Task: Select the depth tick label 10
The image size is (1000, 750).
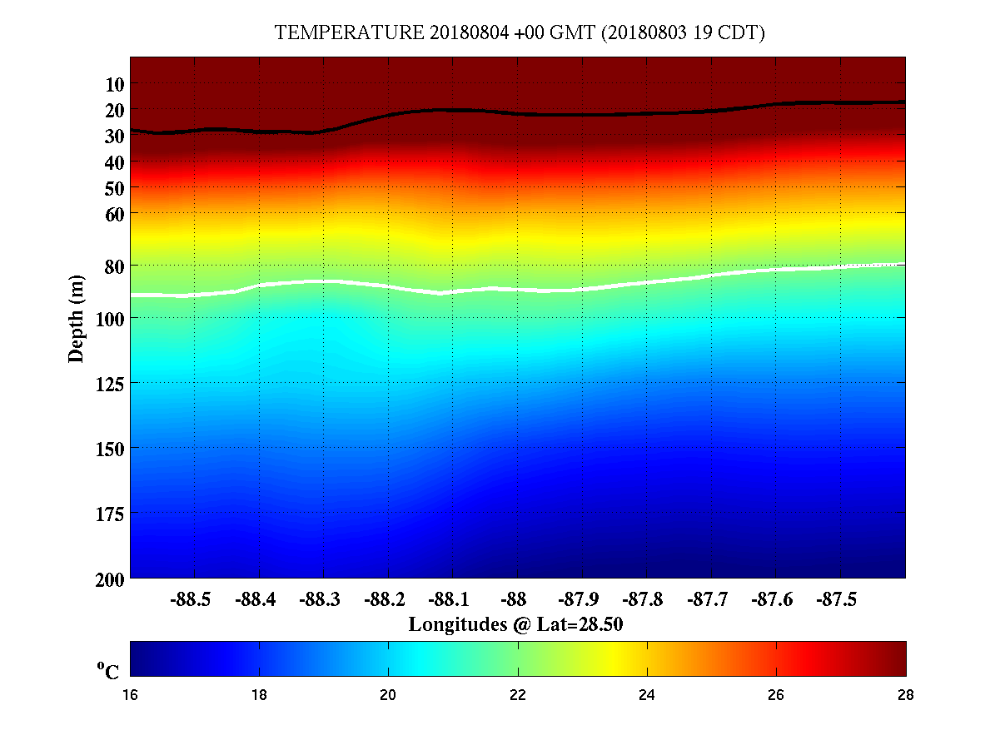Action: pos(115,84)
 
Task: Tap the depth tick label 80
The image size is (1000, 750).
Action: pos(115,266)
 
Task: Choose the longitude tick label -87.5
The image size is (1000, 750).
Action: pos(838,599)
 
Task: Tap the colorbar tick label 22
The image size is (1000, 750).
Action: pos(518,695)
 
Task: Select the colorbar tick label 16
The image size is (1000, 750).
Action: pos(131,695)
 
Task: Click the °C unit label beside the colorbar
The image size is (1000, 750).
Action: pos(108,671)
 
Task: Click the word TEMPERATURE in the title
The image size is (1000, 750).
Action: pos(350,33)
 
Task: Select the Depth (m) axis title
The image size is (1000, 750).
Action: pos(76,318)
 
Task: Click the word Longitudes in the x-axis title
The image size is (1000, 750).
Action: pos(457,624)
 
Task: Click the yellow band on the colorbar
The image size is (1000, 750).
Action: pos(614,658)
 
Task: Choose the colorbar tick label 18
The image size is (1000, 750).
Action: pos(260,695)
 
